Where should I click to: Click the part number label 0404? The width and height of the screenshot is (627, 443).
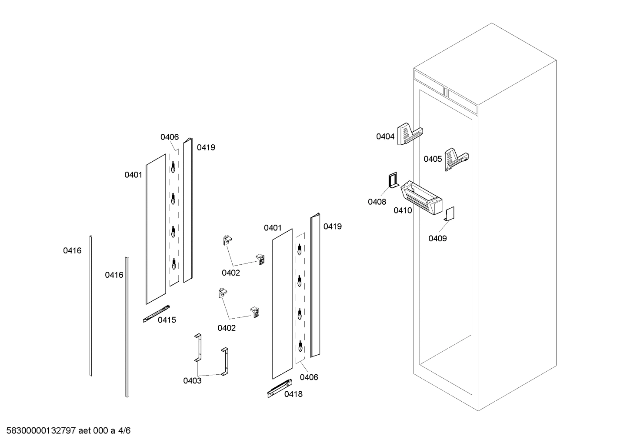(385, 137)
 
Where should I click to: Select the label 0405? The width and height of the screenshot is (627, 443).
(433, 159)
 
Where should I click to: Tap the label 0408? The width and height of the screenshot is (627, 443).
(377, 202)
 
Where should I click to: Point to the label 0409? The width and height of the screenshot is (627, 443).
(437, 238)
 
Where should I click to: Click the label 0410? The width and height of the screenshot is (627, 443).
(403, 210)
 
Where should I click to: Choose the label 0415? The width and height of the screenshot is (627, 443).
(167, 320)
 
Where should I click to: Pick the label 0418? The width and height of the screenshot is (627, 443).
(293, 394)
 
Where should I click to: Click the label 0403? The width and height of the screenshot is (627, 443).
(192, 381)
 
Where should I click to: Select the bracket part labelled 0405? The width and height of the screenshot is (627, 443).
(456, 158)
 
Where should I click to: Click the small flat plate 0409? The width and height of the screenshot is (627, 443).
(450, 213)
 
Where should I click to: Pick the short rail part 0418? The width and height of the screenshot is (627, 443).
(280, 388)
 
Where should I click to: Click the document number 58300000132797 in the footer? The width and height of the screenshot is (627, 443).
(40, 431)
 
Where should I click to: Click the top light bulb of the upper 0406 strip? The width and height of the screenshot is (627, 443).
(173, 167)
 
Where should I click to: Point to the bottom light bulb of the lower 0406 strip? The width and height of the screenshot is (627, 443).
(300, 346)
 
